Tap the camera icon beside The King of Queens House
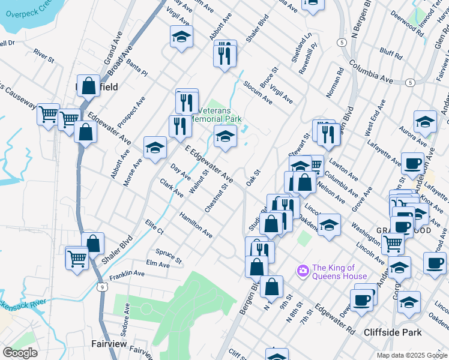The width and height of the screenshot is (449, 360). (x=303, y=271)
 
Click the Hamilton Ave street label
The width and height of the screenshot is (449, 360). (x=196, y=224)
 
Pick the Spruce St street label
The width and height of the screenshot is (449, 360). (x=169, y=256)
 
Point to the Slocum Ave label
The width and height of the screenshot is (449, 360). (x=258, y=93)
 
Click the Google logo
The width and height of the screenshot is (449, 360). (x=20, y=353)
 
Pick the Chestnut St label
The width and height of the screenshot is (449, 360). (x=217, y=198)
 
